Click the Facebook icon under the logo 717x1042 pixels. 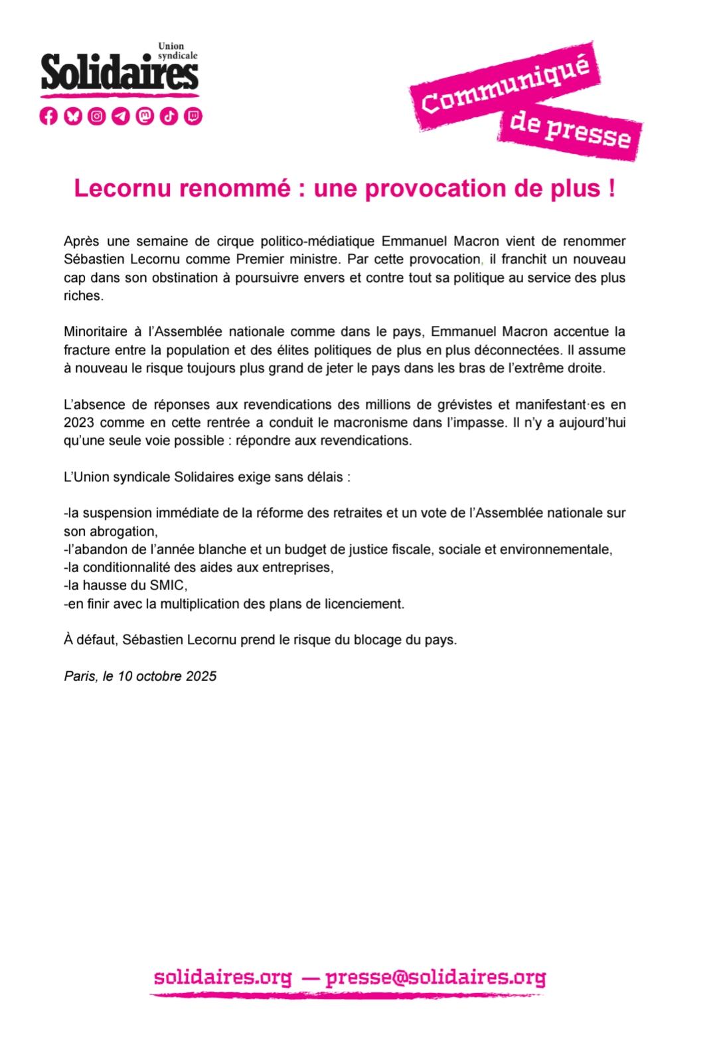48,116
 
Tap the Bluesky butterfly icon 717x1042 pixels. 72,116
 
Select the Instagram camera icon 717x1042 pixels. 97,116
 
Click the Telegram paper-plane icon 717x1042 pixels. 121,116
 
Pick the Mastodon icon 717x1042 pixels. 145,116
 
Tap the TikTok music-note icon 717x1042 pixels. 169,116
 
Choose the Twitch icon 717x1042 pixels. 193,116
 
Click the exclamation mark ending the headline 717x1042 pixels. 610,188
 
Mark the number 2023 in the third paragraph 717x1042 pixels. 79,423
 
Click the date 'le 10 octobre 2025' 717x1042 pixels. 160,676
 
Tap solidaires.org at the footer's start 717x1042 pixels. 222,978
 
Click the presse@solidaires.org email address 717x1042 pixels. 436,978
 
